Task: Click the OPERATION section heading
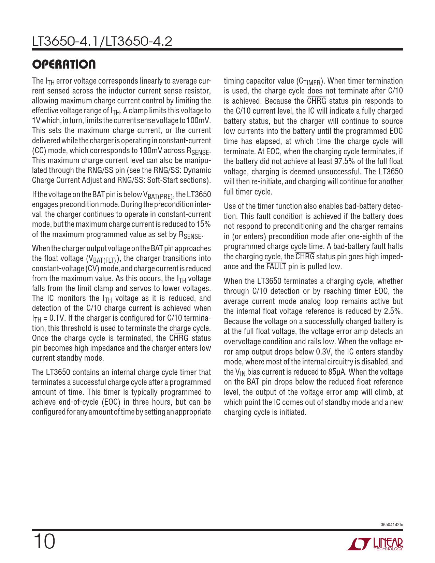pos(64,64)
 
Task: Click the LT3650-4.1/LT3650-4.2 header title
pos(102,41)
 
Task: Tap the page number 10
pos(44,542)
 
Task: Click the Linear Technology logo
pos(375,544)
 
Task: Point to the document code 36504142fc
pos(391,524)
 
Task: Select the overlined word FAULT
pos(276,266)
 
